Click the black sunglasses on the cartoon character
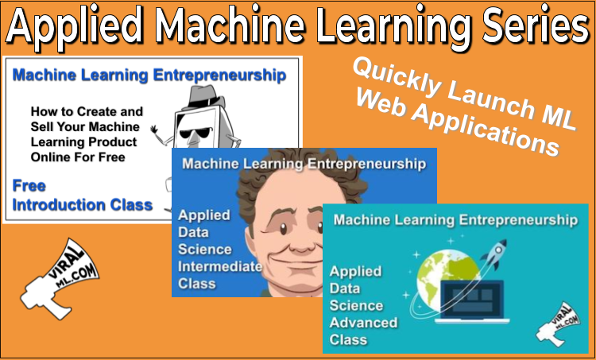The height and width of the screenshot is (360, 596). coord(195,133)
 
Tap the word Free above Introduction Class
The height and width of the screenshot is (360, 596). coord(29,186)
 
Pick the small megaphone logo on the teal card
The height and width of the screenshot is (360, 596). coord(558,325)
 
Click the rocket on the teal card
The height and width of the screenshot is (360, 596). coord(495,254)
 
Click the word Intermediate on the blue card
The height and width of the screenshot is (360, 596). coord(220,266)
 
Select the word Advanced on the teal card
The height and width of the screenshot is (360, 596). coord(363,323)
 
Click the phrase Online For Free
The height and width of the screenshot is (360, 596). coord(78,157)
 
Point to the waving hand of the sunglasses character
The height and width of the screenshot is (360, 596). coord(154,130)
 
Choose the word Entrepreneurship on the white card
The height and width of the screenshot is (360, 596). coord(219,75)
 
